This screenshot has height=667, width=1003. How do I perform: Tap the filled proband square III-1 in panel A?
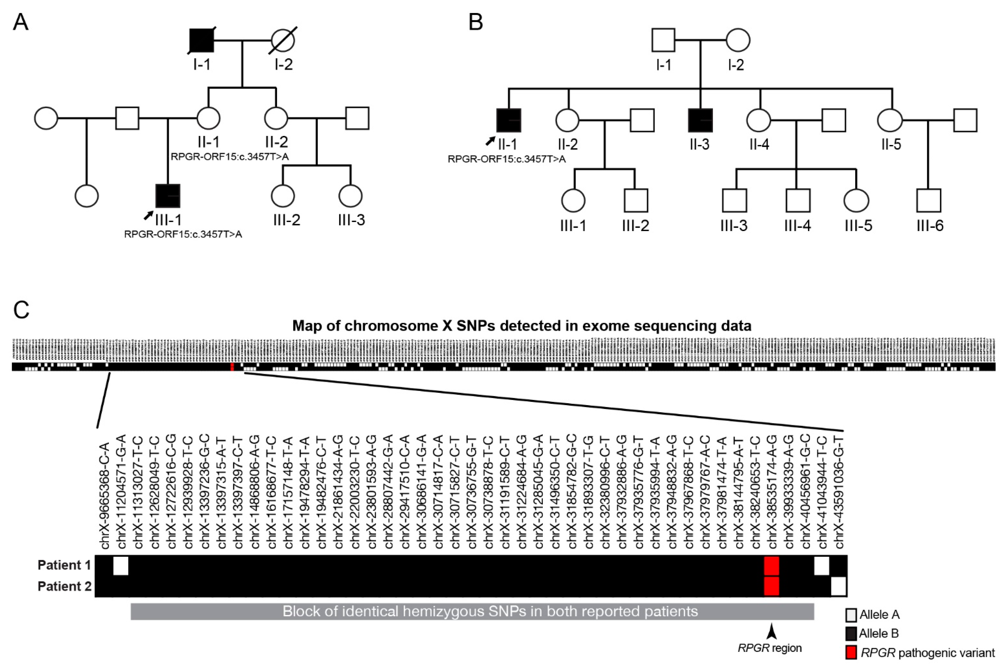click(x=168, y=196)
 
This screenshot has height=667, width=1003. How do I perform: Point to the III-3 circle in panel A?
click(x=350, y=196)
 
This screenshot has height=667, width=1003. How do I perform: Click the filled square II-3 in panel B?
click(x=700, y=120)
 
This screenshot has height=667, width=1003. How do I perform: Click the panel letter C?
click(x=21, y=310)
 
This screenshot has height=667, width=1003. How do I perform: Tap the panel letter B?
click(x=476, y=22)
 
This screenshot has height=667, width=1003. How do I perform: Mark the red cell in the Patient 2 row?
click(x=772, y=586)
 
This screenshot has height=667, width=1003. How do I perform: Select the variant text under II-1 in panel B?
click(x=507, y=159)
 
